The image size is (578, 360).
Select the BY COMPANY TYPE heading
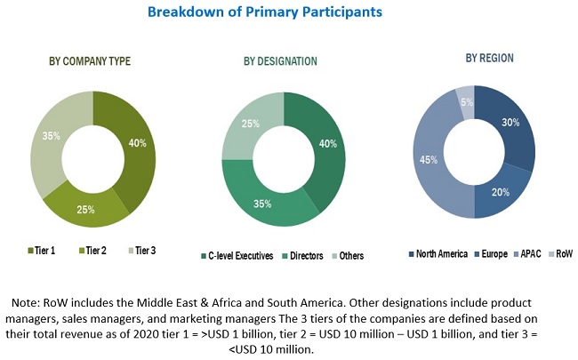click(x=90, y=61)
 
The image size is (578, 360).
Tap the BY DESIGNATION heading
click(x=280, y=61)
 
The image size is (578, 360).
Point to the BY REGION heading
click(x=489, y=58)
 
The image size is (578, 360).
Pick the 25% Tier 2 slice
click(x=87, y=207)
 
